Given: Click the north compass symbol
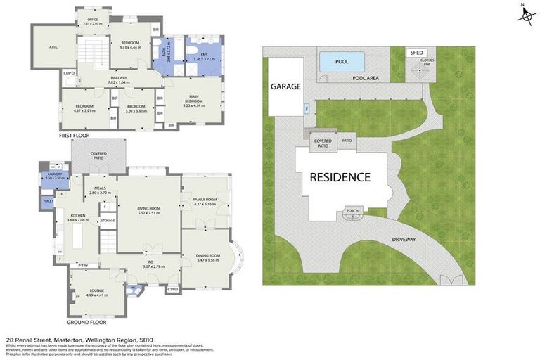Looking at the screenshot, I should [526, 14].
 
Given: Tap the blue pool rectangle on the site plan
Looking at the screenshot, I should [342, 62].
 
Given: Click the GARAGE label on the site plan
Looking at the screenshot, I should [286, 86].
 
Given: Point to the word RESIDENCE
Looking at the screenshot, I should [340, 176].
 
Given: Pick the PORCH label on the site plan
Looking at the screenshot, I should [352, 210].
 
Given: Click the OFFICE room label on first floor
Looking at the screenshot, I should [92, 20].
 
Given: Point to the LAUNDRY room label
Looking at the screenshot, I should [54, 175].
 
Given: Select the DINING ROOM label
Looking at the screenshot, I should [210, 256].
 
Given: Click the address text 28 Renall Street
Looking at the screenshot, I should [35, 339].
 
